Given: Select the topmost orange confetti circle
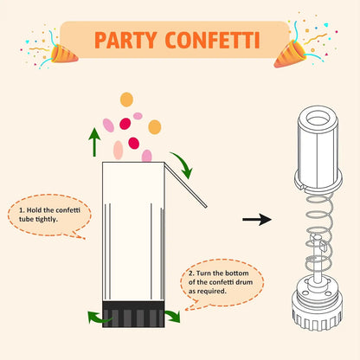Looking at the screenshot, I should pyautogui.click(x=126, y=99).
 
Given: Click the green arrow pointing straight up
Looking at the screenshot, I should pyautogui.click(x=93, y=139).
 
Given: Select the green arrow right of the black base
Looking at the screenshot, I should pyautogui.click(x=173, y=316).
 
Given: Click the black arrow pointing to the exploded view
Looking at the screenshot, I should pyautogui.click(x=256, y=220).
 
